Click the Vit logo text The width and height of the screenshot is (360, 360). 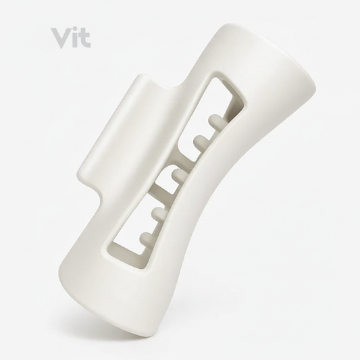tap(71, 38)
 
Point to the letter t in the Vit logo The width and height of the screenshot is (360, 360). tap(84, 39)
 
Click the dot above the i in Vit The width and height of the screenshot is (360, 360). tap(74, 30)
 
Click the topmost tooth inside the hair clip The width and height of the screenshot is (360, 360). tap(215, 120)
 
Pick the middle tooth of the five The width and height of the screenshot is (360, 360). tap(180, 176)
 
